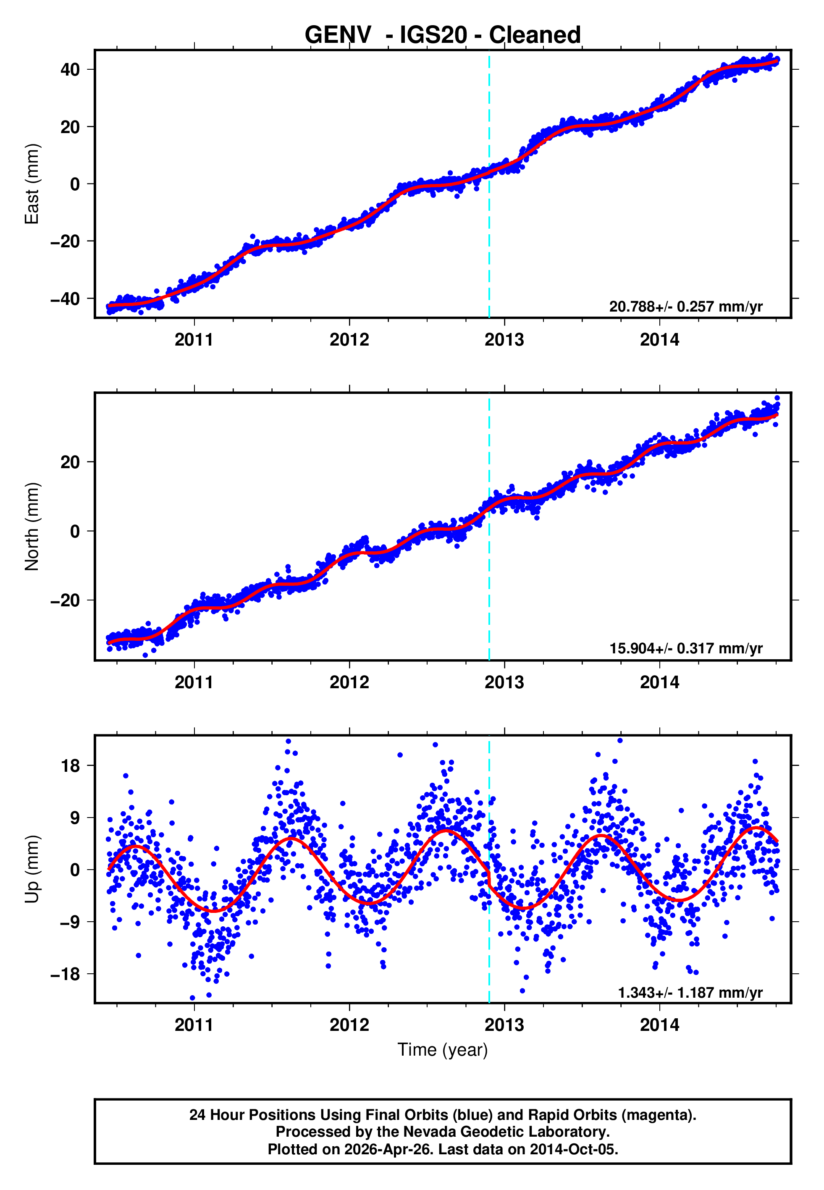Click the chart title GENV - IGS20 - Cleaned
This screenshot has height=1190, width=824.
click(443, 35)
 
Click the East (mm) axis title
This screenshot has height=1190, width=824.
click(32, 184)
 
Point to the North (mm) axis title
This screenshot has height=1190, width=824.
click(32, 527)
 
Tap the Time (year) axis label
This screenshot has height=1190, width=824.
click(443, 1050)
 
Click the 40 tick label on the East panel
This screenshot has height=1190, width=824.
click(70, 70)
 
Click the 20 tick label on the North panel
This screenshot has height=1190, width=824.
click(70, 462)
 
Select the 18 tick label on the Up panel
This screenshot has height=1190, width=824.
click(70, 766)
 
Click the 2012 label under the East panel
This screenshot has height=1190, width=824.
click(349, 340)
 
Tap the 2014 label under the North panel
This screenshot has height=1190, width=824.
click(659, 683)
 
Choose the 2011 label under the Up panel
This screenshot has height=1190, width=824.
click(194, 1025)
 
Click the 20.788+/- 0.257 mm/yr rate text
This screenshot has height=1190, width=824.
click(686, 307)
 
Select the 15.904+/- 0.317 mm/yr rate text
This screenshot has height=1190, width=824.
click(686, 649)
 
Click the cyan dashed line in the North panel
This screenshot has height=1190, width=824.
click(489, 568)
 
